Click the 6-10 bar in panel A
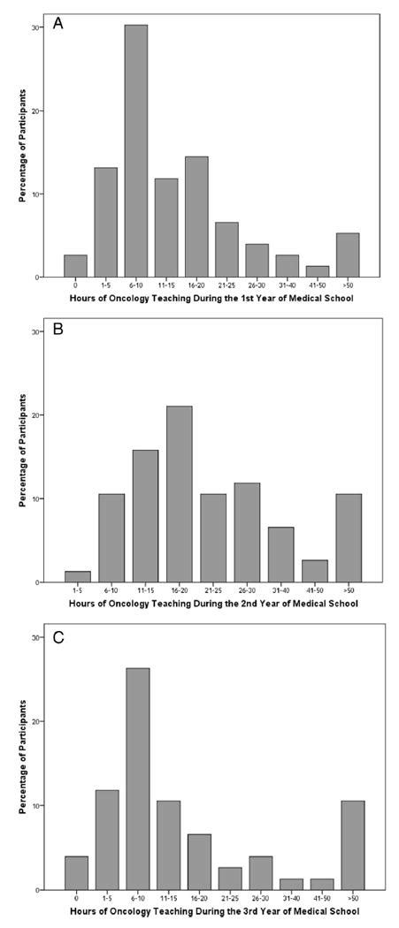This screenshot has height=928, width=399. (135, 151)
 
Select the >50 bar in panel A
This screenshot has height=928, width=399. (348, 255)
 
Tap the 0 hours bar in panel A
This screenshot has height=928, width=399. (75, 266)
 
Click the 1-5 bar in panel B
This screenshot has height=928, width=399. (77, 576)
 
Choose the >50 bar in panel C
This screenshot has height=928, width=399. (351, 845)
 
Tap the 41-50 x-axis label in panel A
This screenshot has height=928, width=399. (318, 285)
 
